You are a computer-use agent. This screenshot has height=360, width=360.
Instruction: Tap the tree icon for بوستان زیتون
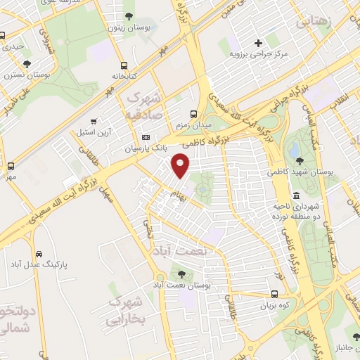coord(128,16)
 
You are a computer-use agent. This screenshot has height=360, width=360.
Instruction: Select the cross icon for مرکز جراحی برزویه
coord(259,43)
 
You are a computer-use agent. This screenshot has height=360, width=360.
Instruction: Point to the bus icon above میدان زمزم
coord(193,114)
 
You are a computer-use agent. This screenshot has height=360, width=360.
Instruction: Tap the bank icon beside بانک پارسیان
coord(146,138)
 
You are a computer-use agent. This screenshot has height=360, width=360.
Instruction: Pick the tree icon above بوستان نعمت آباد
coord(183,274)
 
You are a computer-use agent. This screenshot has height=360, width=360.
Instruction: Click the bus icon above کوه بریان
coord(275,295)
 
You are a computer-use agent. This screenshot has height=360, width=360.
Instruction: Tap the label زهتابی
coord(314,22)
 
